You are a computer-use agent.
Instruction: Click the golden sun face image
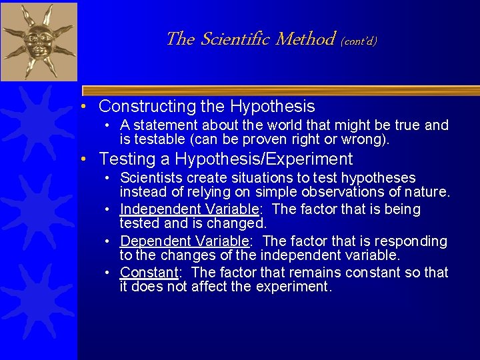39,41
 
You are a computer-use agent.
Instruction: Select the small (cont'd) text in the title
359,41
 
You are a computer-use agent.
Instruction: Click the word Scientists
151,178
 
